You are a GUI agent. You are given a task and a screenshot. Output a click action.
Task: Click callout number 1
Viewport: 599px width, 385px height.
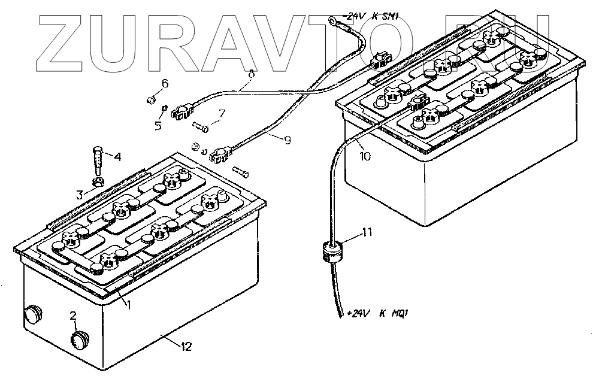[128, 305]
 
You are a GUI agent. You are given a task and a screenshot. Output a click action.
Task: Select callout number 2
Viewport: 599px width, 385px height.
[73, 315]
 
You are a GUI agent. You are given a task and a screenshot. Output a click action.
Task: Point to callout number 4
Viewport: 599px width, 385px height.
[117, 158]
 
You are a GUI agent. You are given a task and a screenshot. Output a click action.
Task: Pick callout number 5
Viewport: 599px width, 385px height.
[159, 126]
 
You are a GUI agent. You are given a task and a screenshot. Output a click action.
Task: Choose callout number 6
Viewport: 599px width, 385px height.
[165, 84]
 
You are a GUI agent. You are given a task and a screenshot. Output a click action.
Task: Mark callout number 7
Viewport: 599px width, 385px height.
[221, 113]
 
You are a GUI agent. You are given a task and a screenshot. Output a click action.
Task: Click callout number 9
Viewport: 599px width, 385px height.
[288, 140]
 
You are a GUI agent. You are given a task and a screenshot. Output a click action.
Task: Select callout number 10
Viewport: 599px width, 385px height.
[365, 156]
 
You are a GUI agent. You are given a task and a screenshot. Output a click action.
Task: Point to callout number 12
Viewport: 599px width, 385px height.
[186, 346]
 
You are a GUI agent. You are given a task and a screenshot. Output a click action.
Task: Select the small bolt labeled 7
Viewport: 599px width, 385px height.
[201, 126]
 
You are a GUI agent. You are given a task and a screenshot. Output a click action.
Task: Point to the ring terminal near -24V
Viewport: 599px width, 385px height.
[333, 22]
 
